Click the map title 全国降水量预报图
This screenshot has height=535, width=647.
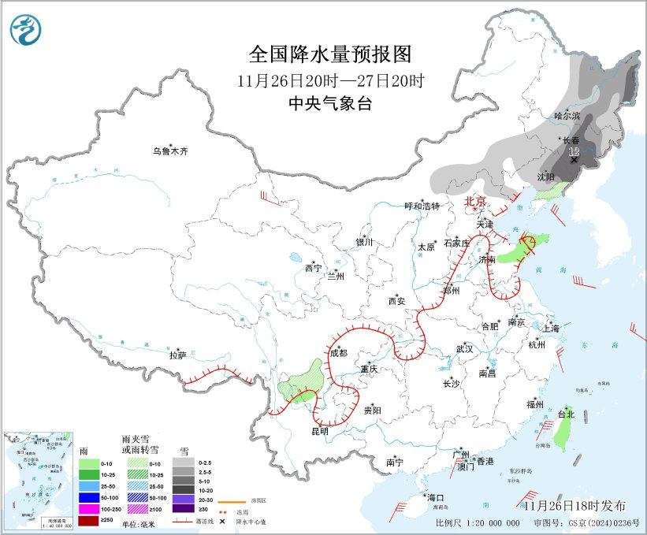pyautogui.click(x=330, y=54)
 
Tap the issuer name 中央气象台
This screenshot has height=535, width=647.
pyautogui.click(x=330, y=103)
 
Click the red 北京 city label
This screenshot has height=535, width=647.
pyautogui.click(x=476, y=202)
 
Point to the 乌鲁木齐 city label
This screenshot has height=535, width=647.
pyautogui.click(x=171, y=150)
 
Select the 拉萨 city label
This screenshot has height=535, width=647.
pyautogui.click(x=177, y=355)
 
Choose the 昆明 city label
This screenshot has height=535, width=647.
pyautogui.click(x=319, y=431)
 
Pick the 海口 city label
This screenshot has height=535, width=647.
pyautogui.click(x=435, y=497)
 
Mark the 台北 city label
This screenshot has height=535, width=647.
pyautogui.click(x=566, y=414)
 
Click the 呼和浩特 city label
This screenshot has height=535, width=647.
pyautogui.click(x=422, y=206)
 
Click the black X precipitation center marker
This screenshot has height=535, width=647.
pyautogui.click(x=574, y=160)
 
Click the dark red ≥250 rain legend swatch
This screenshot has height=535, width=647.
pyautogui.click(x=88, y=521)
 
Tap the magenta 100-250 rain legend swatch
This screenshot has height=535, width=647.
pyautogui.click(x=88, y=510)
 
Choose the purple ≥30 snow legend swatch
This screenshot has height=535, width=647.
pyautogui.click(x=182, y=521)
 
